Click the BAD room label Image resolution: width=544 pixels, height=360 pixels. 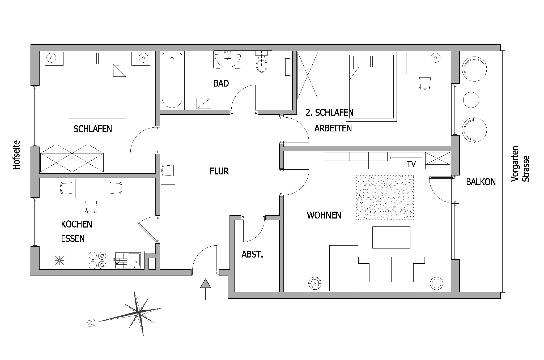point(221,83)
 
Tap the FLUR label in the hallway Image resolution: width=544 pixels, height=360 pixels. point(219,171)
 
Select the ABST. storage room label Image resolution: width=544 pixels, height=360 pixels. point(252,254)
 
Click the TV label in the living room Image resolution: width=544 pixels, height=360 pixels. point(411,164)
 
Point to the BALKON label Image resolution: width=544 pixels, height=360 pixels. point(481,182)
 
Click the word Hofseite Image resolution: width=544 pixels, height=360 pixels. point(16,155)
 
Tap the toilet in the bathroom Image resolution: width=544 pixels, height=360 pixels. point(262,62)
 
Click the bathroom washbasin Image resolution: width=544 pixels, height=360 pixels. point(228,60)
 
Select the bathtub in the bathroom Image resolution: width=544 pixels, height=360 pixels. point(172,80)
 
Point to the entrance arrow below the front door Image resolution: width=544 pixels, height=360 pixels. point(205,289)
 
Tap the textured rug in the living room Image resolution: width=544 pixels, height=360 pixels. point(385,198)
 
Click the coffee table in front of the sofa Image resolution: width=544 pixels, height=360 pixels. point(391,237)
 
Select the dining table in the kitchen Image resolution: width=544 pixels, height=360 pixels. point(91,188)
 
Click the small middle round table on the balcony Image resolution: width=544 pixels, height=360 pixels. point(471,100)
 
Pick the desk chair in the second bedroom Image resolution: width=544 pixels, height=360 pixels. point(425,83)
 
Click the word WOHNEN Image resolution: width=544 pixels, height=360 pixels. point(324,215)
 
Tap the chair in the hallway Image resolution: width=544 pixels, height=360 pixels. point(168,170)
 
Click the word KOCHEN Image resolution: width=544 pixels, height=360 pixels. point(76,224)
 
